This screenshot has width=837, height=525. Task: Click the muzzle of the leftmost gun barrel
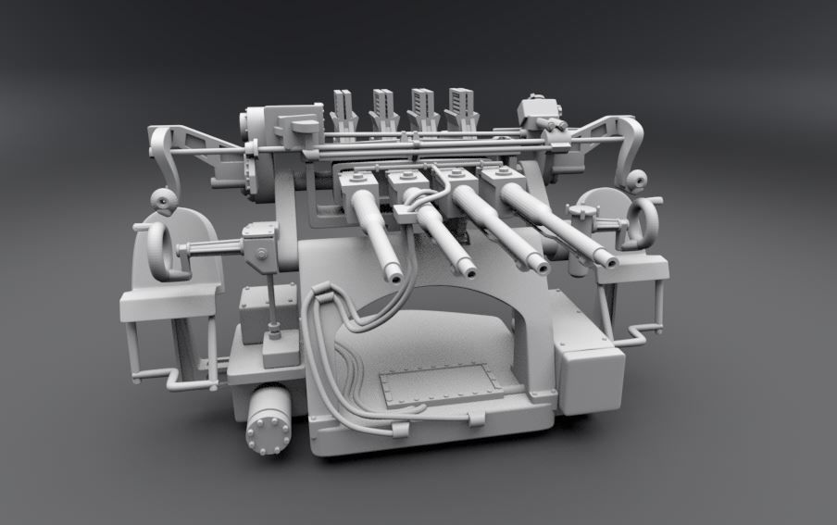(x=395, y=274)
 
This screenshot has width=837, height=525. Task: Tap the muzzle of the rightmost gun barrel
(x=608, y=260)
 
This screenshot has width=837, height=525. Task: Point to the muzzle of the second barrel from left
(x=468, y=270)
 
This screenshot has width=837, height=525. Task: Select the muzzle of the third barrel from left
(x=538, y=266)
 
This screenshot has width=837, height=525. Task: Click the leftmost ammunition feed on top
(x=343, y=111)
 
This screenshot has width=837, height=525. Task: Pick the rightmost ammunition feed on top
(x=460, y=108)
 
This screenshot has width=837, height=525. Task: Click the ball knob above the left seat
(x=163, y=200)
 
